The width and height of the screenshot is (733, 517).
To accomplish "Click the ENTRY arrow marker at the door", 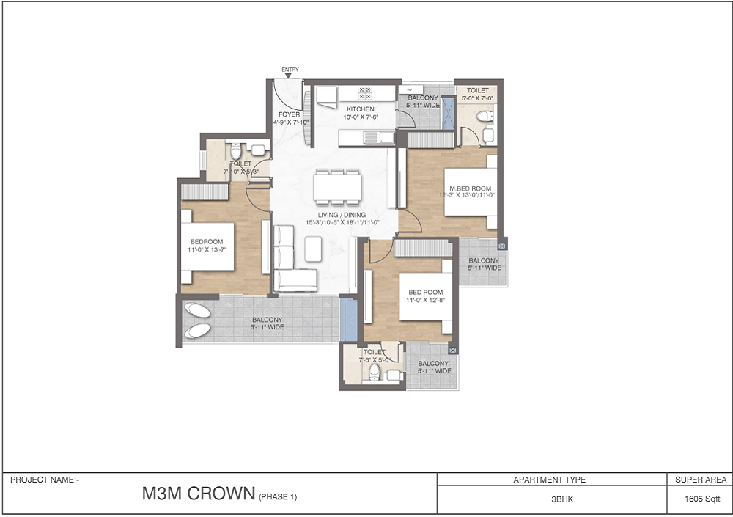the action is tap(288, 76).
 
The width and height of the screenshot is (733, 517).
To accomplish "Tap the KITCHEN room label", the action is tap(361, 109).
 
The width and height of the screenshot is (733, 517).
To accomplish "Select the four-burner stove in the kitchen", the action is tap(364, 93).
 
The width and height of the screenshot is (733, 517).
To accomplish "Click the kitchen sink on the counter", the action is tap(379, 138).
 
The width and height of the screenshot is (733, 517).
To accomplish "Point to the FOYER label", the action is tap(290, 114).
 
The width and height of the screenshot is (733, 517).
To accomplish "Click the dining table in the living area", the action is tap(337, 188).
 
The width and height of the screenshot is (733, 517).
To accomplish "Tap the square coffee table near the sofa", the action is tap(313, 249).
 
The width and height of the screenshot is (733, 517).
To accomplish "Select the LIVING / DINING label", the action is tap(342, 215).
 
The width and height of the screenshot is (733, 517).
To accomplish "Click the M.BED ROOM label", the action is tap(471, 188).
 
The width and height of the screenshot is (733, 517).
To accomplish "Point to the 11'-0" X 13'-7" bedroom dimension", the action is tap(207, 249).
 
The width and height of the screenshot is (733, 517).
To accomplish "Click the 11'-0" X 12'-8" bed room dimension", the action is tap(425, 300).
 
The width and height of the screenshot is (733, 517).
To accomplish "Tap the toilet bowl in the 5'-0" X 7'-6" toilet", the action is tap(485, 116).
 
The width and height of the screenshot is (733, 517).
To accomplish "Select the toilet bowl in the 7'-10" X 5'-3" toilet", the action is tap(235, 152).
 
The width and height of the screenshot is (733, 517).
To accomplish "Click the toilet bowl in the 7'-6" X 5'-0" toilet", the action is tap(374, 372).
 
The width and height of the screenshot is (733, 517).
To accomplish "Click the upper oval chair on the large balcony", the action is tap(197, 310).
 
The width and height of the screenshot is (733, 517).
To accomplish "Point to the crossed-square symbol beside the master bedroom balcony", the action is tap(501, 246).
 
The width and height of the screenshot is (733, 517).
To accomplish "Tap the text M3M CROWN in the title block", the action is tap(199, 494).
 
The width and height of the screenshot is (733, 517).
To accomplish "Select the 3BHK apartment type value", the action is tap(562, 499).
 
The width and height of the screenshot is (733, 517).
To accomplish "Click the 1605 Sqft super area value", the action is tap(702, 499).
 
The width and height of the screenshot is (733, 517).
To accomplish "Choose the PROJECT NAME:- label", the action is tap(45, 480).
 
